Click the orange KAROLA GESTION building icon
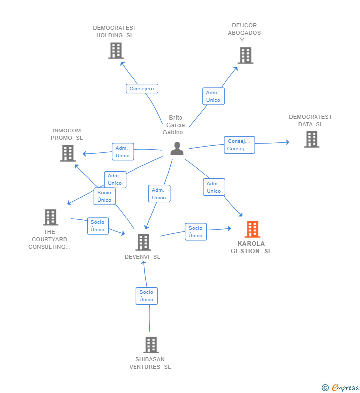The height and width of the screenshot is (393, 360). (x=252, y=229)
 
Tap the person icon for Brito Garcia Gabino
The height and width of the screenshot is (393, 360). (x=177, y=149)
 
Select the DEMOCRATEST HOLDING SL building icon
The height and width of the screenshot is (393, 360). (x=116, y=50)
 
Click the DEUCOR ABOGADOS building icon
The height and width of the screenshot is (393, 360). (x=245, y=55)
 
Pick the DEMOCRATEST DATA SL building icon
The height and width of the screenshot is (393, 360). (x=312, y=139)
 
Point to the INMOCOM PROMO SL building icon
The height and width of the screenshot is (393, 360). (x=68, y=153)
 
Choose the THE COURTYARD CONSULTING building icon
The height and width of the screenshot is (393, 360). (x=50, y=217)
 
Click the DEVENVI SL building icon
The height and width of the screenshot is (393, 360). (x=143, y=242)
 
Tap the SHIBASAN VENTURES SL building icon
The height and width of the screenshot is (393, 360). (x=151, y=345)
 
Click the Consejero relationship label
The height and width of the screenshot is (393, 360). (x=142, y=88)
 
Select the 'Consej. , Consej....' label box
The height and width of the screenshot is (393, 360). (x=239, y=145)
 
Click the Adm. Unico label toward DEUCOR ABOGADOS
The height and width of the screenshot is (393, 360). (x=213, y=96)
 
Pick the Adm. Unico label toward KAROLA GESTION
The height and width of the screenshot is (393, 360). (x=214, y=187)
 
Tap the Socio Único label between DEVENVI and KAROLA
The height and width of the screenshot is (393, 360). (x=196, y=232)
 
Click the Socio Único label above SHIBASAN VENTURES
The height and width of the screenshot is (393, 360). (x=147, y=296)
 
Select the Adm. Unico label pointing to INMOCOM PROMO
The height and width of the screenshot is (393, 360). (x=123, y=152)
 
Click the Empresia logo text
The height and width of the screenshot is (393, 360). (x=345, y=387)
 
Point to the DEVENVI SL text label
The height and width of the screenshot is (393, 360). (x=142, y=257)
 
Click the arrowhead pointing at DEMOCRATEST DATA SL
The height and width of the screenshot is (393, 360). (x=288, y=142)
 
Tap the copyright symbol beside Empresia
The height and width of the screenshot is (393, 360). (x=325, y=388)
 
